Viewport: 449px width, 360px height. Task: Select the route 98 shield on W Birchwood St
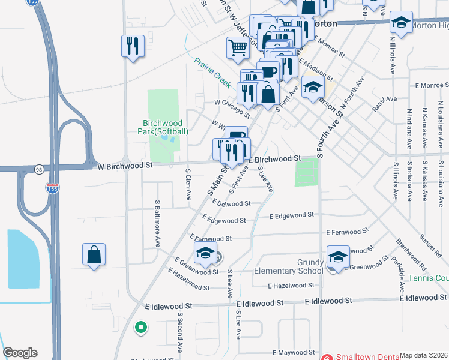(x=39, y=170)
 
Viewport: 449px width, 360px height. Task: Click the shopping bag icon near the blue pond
(x=94, y=254)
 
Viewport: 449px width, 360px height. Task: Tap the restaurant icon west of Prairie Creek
(x=133, y=46)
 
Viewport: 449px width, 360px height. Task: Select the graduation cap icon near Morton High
(x=401, y=23)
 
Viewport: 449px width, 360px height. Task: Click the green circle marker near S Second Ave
(x=140, y=328)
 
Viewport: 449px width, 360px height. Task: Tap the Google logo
(x=20, y=353)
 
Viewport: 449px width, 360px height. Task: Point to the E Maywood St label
(x=294, y=353)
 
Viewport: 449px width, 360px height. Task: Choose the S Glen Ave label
(x=188, y=185)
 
